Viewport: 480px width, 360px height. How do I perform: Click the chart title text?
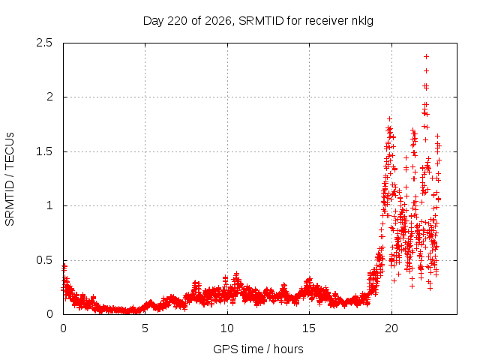click(x=258, y=21)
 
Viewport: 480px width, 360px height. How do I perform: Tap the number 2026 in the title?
click(x=217, y=21)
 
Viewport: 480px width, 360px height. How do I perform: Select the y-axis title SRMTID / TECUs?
click(x=10, y=179)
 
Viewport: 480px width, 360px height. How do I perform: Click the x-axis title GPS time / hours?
click(x=258, y=349)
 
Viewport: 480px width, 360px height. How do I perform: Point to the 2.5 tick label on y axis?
click(x=44, y=43)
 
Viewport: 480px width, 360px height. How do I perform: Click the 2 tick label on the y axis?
click(x=49, y=97)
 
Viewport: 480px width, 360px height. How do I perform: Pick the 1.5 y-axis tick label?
click(x=44, y=151)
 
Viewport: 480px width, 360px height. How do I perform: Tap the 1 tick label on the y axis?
click(x=50, y=205)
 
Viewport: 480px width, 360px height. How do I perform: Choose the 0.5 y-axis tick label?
click(x=44, y=260)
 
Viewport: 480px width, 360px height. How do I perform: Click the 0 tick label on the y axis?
click(x=49, y=314)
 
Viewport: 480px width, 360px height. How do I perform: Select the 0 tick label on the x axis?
click(x=63, y=328)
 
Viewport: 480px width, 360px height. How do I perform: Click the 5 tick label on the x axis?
click(x=145, y=328)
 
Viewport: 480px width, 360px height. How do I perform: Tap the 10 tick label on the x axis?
click(x=227, y=328)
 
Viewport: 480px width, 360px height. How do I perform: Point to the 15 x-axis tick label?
click(x=309, y=328)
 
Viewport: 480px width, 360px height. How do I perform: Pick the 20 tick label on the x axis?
click(x=391, y=328)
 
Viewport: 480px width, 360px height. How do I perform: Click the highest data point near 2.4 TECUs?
click(x=426, y=57)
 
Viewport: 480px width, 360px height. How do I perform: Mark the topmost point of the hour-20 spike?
click(x=389, y=118)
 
